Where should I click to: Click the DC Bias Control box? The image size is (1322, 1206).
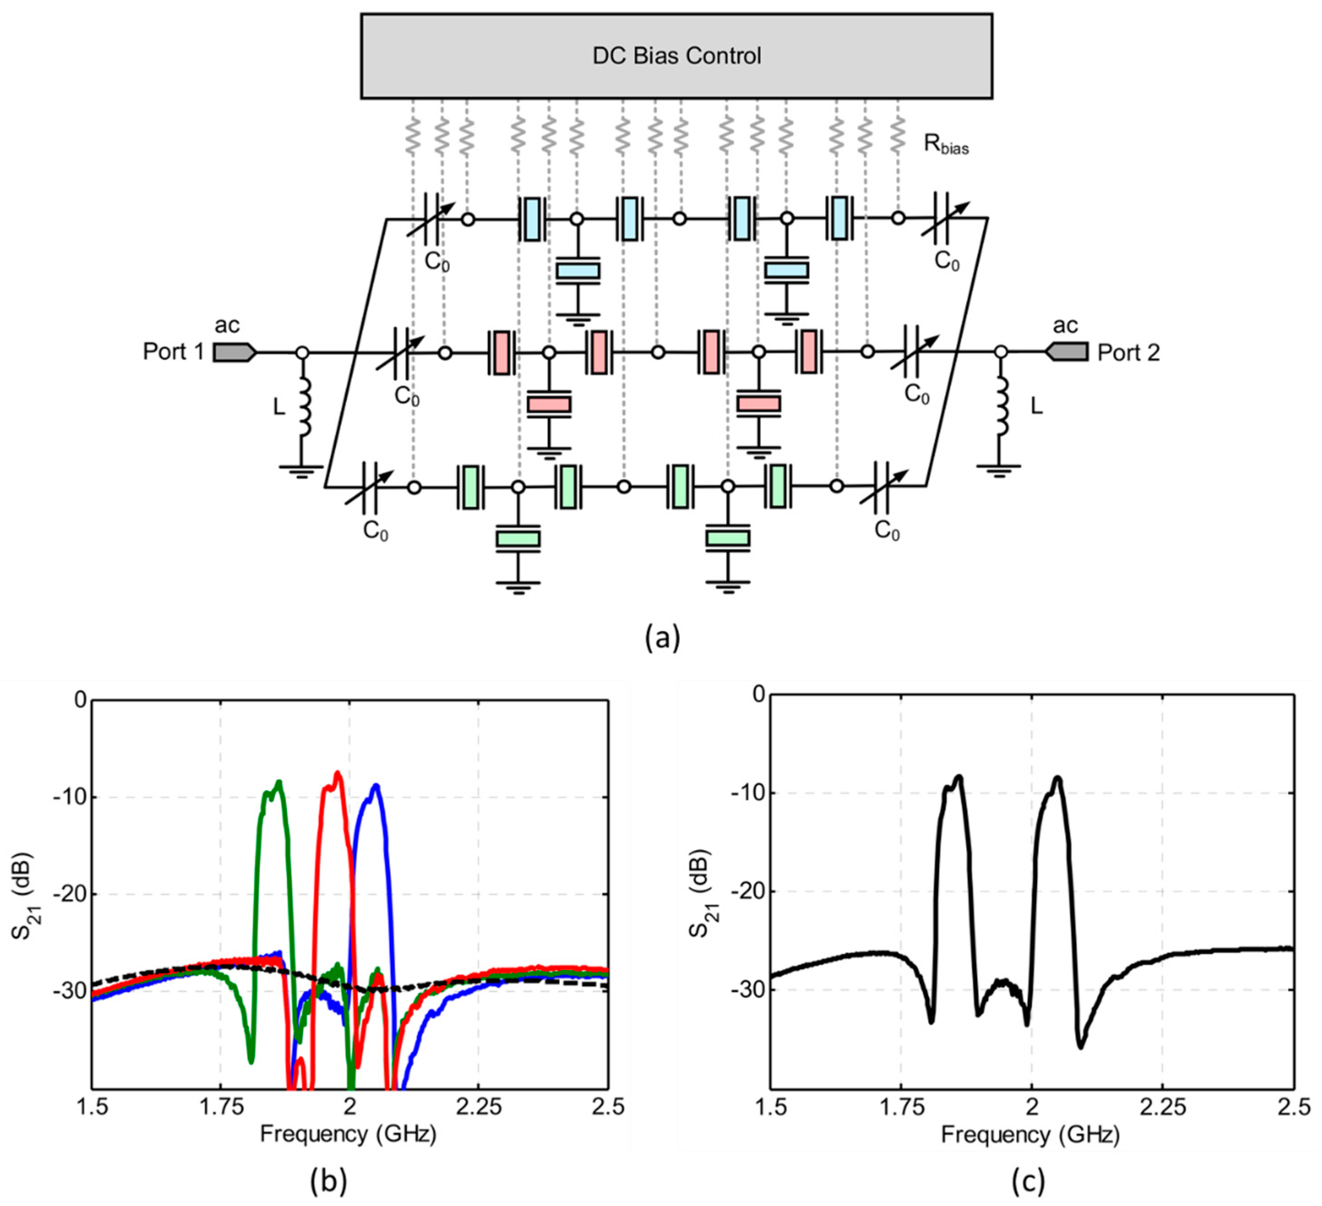676,56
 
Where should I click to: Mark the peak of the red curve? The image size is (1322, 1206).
338,773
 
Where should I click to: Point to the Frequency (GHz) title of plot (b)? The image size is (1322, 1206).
348,1134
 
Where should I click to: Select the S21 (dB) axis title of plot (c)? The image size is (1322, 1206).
703,892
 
